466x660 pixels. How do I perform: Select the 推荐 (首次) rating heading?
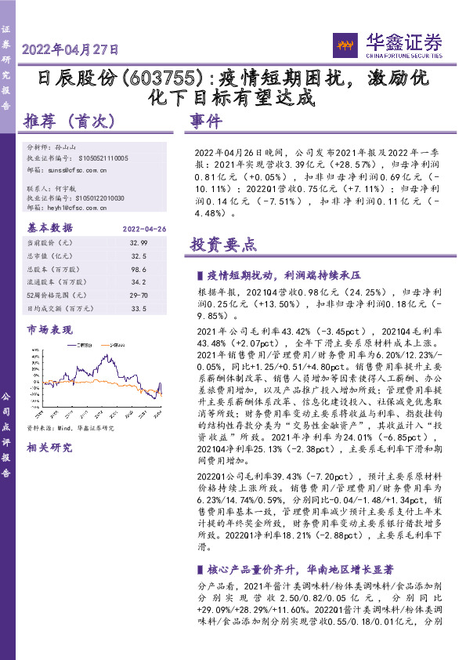pyautogui.click(x=70, y=121)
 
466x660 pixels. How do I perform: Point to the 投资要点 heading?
pyautogui.click(x=223, y=245)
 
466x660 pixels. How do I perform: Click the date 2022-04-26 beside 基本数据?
pyautogui.click(x=146, y=228)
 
